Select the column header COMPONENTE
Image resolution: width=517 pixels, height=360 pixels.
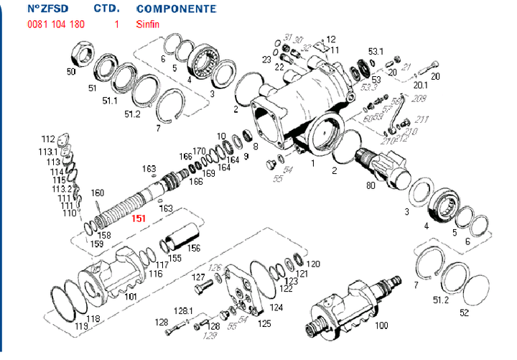click(175, 9)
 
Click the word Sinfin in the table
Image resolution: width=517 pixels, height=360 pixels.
click(147, 24)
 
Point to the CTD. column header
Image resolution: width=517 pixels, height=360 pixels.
click(107, 9)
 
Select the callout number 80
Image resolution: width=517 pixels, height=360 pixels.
click(371, 185)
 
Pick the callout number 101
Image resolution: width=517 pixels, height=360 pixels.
click(131, 296)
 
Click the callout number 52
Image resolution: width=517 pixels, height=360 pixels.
click(464, 313)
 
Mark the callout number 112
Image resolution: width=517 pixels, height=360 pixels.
click(47, 139)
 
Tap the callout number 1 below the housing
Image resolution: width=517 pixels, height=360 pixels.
click(312, 163)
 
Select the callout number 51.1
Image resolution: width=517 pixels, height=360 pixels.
click(109, 101)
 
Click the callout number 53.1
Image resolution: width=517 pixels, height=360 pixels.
click(376, 52)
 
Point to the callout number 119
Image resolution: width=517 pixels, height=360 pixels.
click(81, 326)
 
